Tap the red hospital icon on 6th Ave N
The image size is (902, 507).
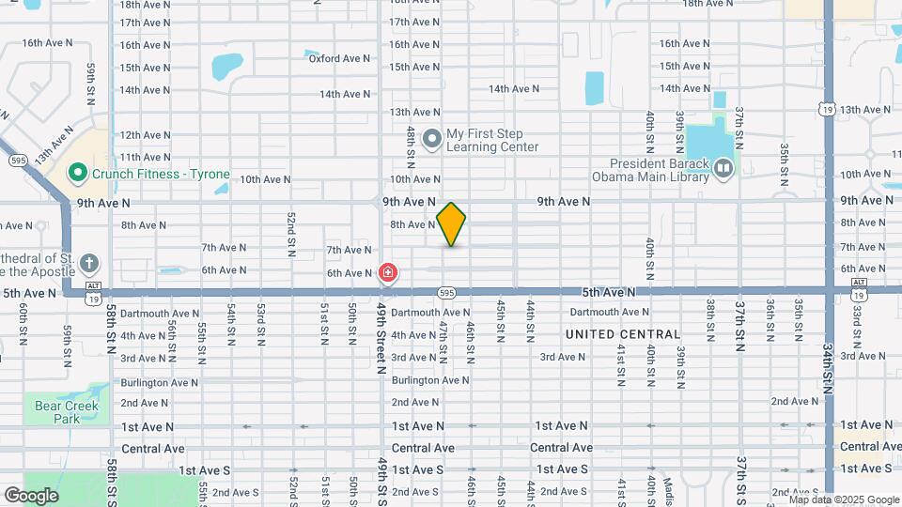click(386, 273)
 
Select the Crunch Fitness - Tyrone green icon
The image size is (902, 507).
click(77, 173)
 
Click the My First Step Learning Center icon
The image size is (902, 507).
click(432, 140)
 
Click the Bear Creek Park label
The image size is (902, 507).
click(67, 412)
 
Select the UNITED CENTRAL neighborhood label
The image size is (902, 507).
click(623, 334)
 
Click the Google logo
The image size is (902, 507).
click(31, 496)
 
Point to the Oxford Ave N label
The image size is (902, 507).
click(339, 58)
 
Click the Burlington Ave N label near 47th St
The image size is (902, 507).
click(430, 380)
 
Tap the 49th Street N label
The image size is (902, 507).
click(382, 338)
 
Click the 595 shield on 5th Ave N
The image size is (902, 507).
click(448, 292)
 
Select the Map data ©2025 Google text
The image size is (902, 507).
click(843, 499)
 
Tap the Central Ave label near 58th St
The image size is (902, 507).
click(153, 449)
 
